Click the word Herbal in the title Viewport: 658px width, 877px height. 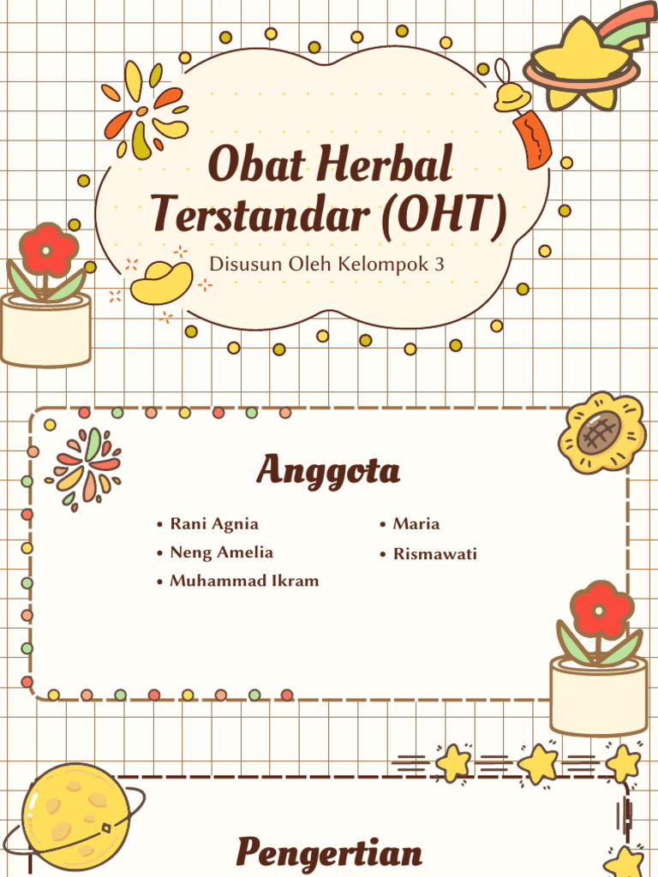(395, 166)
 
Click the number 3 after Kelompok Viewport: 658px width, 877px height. (440, 264)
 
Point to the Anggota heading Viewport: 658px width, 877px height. (328, 470)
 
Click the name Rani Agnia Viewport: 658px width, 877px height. (214, 523)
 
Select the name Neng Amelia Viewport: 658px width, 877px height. (221, 552)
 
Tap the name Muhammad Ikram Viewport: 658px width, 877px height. (244, 581)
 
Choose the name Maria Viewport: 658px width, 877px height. (416, 523)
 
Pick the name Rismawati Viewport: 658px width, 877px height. (434, 554)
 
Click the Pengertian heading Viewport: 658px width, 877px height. (329, 853)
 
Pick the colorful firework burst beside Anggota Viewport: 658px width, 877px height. (86, 468)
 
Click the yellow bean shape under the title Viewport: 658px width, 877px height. (162, 283)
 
